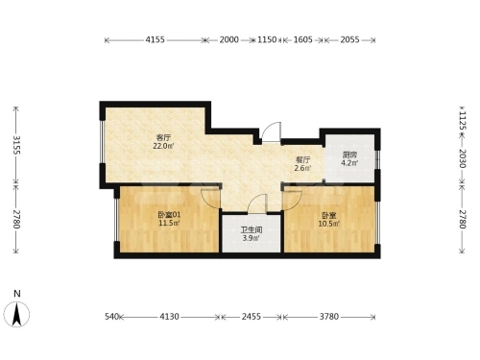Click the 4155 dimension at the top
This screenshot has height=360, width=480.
[155, 39]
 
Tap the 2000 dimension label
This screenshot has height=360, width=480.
[228, 39]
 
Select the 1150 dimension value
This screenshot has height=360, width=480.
[267, 39]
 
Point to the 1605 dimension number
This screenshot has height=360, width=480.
[302, 39]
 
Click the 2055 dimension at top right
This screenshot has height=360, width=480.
[349, 39]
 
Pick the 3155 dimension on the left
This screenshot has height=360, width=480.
[16, 145]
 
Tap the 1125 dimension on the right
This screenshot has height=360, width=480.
[463, 120]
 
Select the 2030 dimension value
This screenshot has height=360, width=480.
[463, 158]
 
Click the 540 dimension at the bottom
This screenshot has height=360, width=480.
[112, 317]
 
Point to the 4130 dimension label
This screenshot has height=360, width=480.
[169, 317]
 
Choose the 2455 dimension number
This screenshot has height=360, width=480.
[252, 317]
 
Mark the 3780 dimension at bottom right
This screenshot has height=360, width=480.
[329, 317]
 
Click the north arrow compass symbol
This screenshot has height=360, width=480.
[16, 314]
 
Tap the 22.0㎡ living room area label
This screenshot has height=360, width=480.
[163, 146]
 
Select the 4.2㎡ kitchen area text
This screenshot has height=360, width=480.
[349, 163]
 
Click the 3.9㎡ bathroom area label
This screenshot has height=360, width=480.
[252, 238]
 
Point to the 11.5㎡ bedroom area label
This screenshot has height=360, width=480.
[169, 223]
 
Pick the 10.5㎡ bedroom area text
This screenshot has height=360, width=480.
[329, 224]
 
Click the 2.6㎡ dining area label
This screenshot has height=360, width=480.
[302, 168]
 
